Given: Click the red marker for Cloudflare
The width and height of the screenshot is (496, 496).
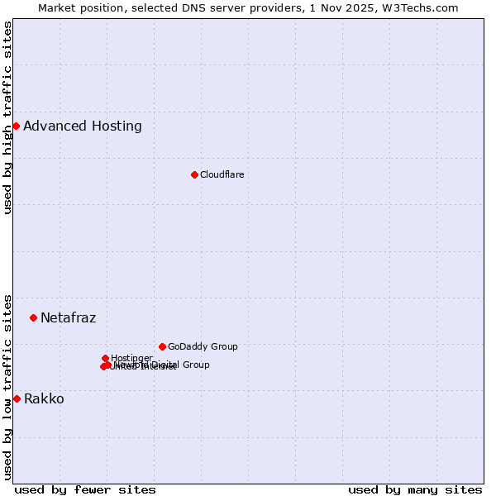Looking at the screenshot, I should click(x=194, y=174).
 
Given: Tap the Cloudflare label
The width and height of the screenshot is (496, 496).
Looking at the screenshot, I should click(x=222, y=174).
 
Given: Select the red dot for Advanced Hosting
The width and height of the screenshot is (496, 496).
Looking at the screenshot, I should click(x=16, y=126).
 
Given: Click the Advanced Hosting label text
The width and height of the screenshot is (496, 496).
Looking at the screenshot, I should click(x=83, y=126).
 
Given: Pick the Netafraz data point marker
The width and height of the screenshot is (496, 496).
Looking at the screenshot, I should click(x=33, y=317).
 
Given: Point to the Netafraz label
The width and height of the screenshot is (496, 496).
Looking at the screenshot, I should click(x=68, y=318).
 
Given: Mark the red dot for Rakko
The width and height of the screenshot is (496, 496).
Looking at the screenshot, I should click(x=17, y=398).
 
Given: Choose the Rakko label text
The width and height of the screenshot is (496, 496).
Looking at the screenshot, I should click(x=44, y=399).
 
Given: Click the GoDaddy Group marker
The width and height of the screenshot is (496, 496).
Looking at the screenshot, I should click(x=162, y=346).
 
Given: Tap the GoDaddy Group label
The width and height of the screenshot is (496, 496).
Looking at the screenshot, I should click(x=203, y=347).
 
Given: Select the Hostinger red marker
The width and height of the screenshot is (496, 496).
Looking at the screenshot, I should click(x=105, y=358).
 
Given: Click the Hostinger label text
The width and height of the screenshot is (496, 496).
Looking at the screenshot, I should click(x=131, y=358).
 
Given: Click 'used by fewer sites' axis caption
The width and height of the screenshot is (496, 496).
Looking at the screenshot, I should click(x=85, y=489).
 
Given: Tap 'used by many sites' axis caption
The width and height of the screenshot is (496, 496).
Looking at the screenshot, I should click(x=415, y=489).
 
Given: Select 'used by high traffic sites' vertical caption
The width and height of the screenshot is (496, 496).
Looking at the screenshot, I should click(x=8, y=117).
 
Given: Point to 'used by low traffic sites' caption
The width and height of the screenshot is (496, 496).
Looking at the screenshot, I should click(x=8, y=386).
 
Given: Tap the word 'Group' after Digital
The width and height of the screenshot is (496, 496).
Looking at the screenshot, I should click(x=195, y=365).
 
